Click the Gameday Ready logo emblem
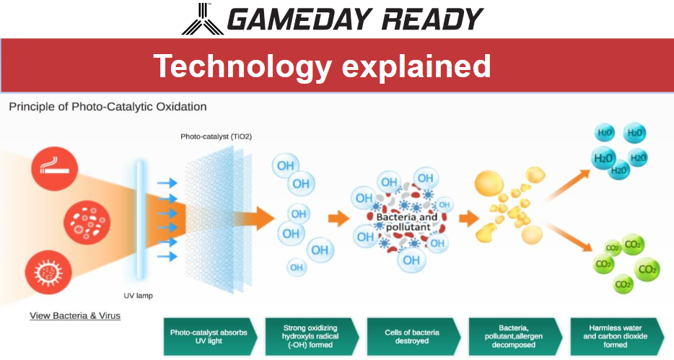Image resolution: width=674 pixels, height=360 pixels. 203,19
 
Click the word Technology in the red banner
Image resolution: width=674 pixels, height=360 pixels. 242,66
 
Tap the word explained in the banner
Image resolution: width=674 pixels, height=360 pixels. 416,66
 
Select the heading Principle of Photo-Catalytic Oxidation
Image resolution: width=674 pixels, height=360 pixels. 108,107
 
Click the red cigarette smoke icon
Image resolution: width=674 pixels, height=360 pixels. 55,169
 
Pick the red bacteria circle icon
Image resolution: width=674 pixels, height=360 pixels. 87,221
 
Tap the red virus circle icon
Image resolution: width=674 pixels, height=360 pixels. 48,273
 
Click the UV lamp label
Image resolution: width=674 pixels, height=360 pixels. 138,296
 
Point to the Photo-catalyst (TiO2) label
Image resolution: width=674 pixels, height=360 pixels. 216,136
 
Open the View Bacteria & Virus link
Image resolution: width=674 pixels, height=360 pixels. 75,316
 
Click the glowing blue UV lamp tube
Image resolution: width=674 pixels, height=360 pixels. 141,219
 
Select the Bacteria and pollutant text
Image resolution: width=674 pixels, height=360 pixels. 406,222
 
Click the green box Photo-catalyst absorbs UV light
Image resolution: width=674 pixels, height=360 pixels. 210,336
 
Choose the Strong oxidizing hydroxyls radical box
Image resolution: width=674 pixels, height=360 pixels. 311,336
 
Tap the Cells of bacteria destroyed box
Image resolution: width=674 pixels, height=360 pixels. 413,336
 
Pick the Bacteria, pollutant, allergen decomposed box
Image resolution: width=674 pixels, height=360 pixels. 515,336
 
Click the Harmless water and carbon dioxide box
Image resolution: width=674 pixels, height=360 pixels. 616,336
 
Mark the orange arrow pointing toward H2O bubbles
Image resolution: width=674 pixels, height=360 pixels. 566,185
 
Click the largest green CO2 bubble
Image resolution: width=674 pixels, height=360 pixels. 647,269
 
